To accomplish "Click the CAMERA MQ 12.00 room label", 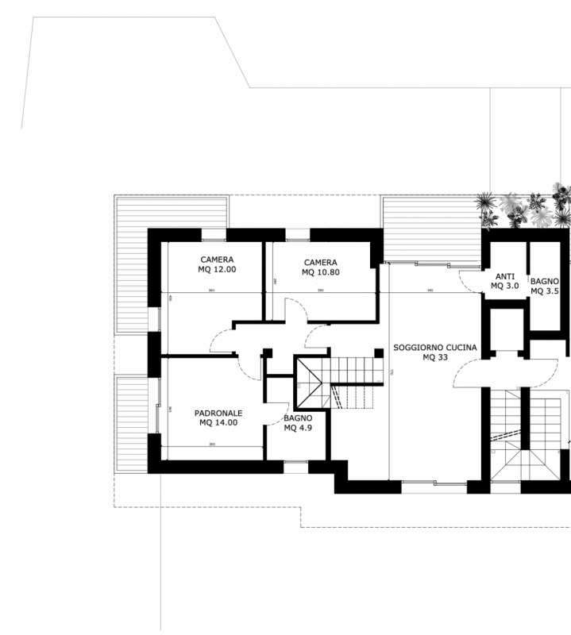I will click(x=217, y=264).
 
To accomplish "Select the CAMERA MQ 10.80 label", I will click(x=320, y=267).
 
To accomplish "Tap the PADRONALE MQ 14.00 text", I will click(x=218, y=418).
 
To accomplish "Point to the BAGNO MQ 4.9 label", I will click(x=298, y=423).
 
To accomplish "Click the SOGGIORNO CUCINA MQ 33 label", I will click(x=435, y=352).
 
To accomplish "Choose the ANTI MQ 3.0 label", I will click(x=504, y=280).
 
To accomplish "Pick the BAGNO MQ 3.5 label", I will click(x=545, y=286).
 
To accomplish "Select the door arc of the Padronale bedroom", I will click(x=253, y=367).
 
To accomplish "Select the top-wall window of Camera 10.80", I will click(x=297, y=235).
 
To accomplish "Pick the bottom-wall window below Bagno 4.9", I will click(x=295, y=468).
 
